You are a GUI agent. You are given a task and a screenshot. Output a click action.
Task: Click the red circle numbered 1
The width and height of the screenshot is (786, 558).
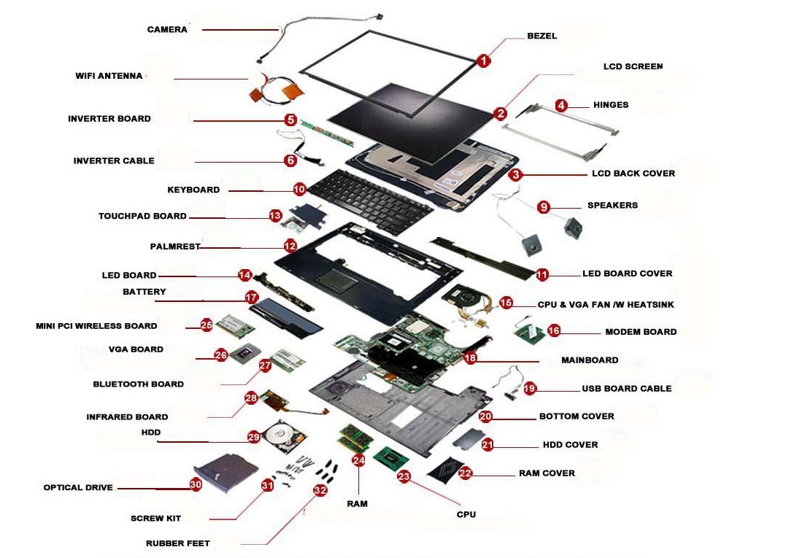[483, 61]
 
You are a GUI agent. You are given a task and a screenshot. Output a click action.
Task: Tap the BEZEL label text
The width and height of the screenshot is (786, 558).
[542, 36]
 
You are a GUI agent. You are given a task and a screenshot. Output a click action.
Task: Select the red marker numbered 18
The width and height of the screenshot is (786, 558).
[470, 357]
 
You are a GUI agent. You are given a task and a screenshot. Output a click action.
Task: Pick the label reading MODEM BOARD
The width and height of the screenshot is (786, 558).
[640, 332]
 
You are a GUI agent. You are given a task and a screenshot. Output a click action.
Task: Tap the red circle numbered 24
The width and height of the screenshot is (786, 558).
[358, 460]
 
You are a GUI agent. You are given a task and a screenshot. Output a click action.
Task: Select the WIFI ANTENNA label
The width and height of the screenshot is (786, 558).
[109, 76]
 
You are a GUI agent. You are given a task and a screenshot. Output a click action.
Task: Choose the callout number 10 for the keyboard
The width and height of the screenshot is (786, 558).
[299, 189]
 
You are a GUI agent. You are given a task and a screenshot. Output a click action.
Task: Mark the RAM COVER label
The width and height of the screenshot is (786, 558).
[547, 473]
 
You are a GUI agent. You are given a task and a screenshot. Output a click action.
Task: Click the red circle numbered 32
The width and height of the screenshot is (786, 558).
[320, 490]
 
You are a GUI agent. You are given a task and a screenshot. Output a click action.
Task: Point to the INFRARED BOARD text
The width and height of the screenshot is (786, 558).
[127, 417]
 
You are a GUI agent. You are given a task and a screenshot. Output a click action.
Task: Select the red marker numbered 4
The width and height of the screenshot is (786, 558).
[560, 105]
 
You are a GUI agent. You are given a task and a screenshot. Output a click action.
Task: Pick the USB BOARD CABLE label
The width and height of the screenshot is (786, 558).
[626, 389]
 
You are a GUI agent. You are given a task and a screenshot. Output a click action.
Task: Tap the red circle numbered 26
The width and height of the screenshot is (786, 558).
[221, 355]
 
